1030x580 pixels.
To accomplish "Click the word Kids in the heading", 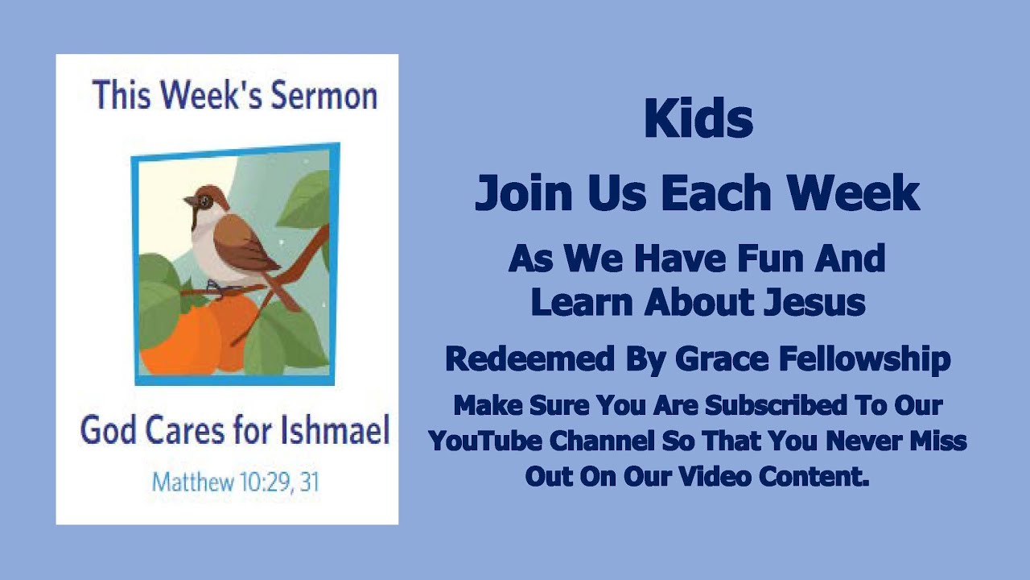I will [698, 120].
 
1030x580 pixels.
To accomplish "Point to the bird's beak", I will [187, 201].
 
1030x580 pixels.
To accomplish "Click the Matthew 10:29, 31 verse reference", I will [235, 482].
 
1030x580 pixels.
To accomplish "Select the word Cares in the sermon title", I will [187, 431].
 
